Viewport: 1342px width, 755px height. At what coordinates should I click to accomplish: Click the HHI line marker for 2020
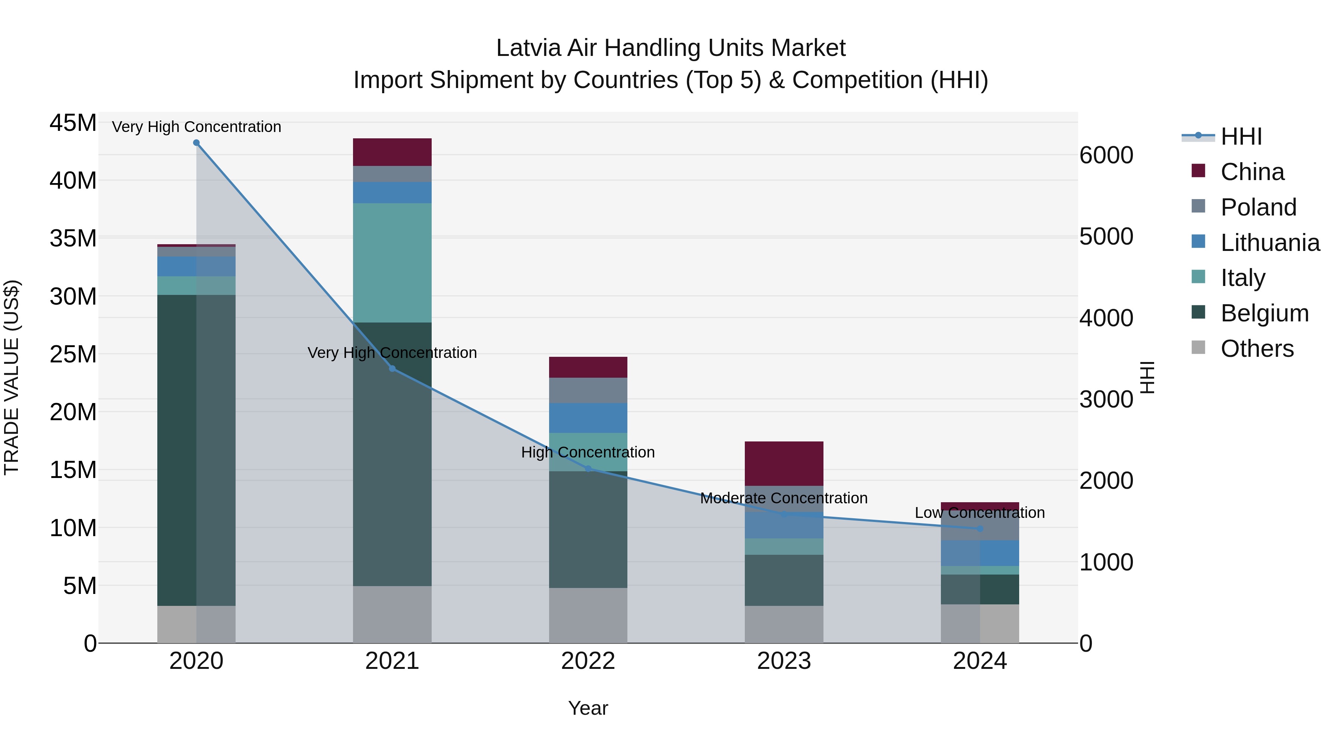tap(196, 143)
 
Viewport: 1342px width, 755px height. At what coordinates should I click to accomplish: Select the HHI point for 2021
tap(392, 369)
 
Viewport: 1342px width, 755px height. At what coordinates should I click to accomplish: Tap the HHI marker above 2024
tap(980, 529)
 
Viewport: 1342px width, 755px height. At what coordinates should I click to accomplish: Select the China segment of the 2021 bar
tap(392, 152)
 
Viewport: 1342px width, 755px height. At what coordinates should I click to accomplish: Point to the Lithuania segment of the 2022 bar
tap(588, 418)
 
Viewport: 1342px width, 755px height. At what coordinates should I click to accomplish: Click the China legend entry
tap(1252, 172)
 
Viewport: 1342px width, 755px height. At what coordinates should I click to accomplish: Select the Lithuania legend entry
tap(1270, 243)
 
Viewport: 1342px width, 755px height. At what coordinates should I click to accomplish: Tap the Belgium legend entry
tap(1264, 313)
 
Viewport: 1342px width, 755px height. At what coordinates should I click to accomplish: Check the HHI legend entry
tap(1241, 136)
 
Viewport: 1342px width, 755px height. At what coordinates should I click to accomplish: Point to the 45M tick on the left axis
tap(73, 123)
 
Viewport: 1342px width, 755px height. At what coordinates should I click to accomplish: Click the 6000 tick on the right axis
tap(1106, 155)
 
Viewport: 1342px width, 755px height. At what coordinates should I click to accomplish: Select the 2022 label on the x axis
tap(588, 661)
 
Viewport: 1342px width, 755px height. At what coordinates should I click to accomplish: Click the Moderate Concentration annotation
tap(784, 498)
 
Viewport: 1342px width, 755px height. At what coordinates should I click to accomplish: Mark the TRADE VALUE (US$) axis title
tap(12, 377)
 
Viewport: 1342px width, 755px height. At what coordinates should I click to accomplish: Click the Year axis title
tap(588, 708)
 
